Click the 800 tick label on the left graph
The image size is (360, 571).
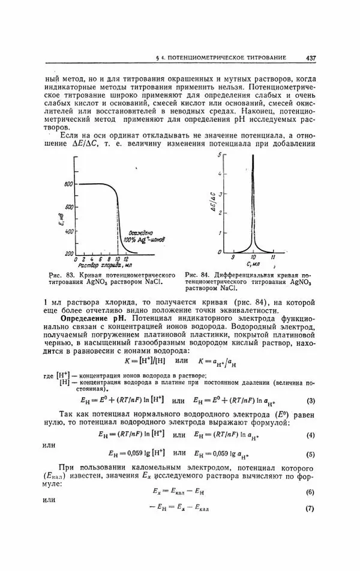pos(68,183)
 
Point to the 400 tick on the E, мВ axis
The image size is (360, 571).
pos(68,231)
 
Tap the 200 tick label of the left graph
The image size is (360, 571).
pos(68,253)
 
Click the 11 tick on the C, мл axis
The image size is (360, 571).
pos(273,257)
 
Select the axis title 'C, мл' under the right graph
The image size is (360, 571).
pos(253,265)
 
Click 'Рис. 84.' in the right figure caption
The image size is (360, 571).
pos(196,274)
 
